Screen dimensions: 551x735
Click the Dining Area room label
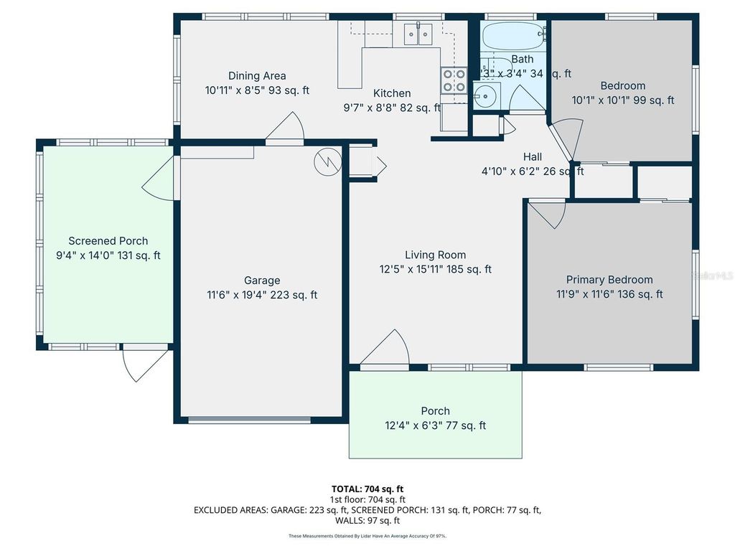pos(257,76)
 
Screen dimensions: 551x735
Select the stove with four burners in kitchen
pos(453,80)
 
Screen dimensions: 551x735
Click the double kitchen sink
pos(418,33)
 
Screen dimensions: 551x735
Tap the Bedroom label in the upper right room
pos(622,86)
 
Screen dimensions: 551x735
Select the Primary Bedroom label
pos(609,280)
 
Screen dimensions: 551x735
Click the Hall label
pos(532,157)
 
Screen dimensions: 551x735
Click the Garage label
pos(262,281)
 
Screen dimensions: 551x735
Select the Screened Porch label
pos(108,241)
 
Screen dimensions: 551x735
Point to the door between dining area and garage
pos(286,129)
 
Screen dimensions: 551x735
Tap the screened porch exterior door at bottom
pos(145,362)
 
